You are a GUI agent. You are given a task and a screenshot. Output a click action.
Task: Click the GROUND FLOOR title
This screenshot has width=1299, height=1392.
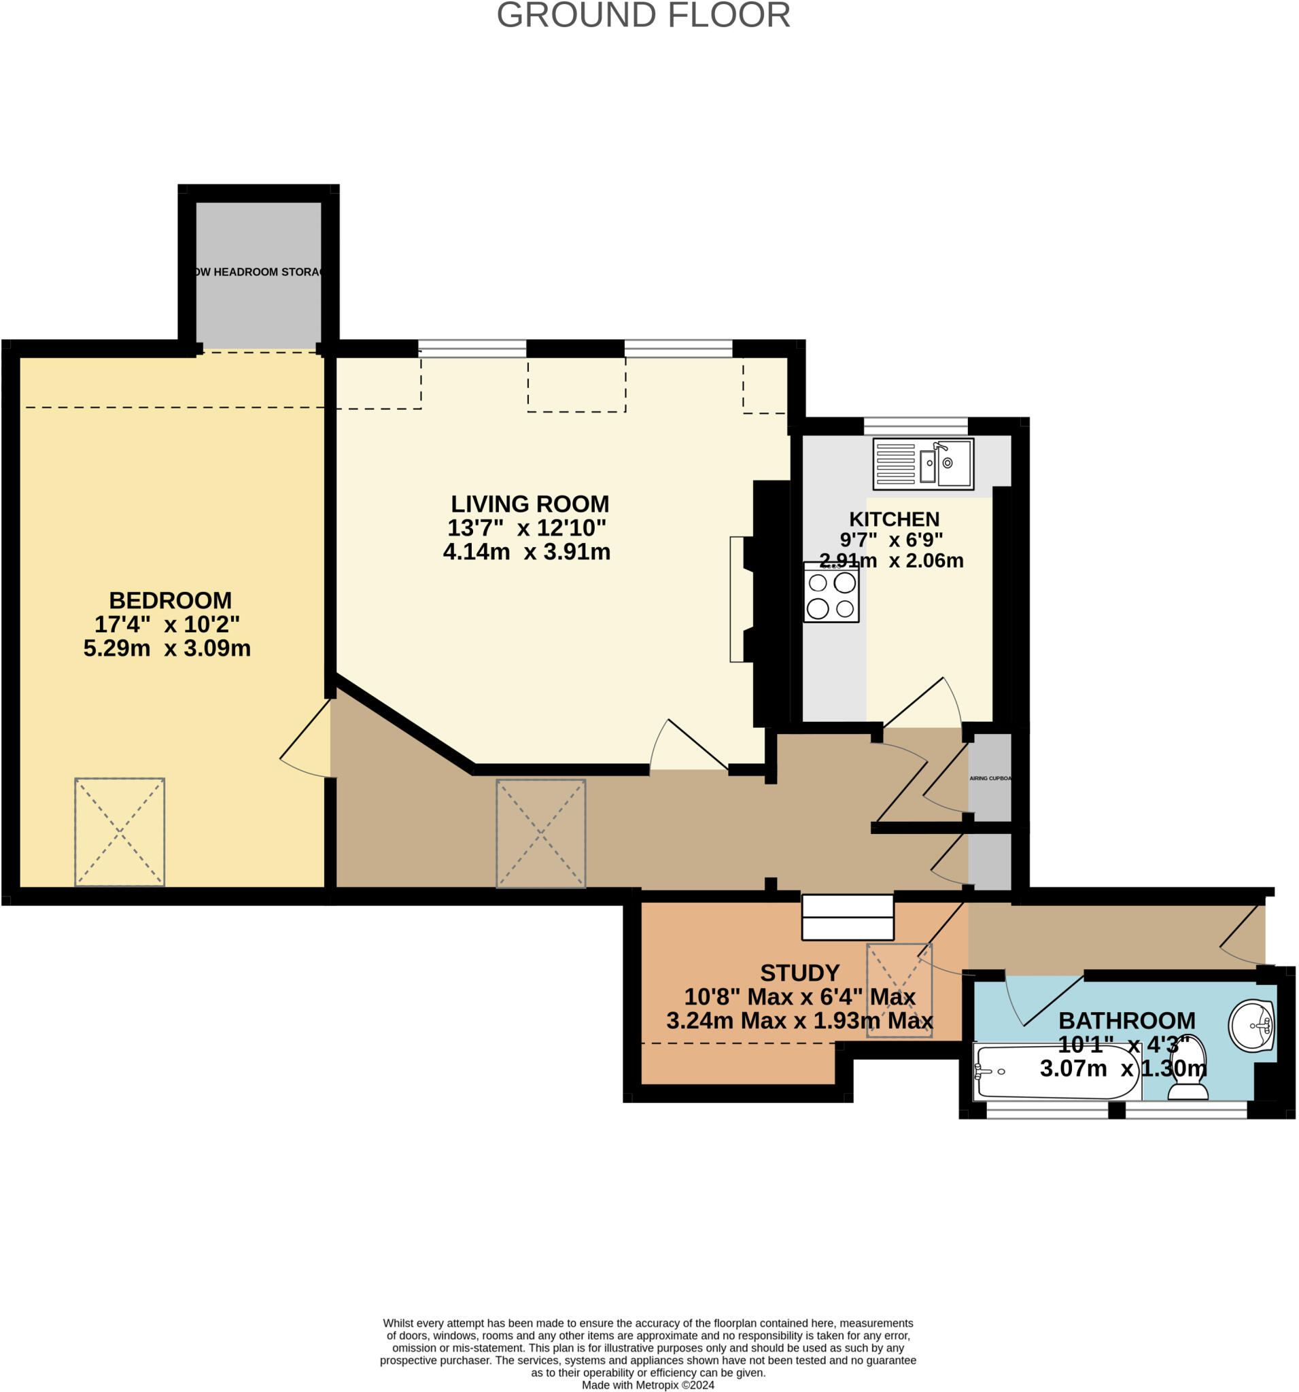643,16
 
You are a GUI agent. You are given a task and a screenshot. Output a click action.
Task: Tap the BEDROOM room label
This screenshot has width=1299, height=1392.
170,600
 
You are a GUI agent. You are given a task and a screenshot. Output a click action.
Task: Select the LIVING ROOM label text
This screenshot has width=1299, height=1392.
530,504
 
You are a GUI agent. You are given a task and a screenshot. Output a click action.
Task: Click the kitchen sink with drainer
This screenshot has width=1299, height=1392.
922,464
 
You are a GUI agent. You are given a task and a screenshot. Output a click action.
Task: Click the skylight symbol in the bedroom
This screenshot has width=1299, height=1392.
120,832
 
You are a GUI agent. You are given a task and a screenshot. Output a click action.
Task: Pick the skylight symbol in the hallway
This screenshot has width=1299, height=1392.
540,833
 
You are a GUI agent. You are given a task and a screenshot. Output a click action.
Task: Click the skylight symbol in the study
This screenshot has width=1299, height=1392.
899,990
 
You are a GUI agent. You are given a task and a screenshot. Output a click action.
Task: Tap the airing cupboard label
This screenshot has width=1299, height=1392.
990,778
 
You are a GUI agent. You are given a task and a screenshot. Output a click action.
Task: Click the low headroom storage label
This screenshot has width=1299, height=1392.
258,272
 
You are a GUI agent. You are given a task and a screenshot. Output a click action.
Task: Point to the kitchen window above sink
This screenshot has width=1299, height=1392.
914,425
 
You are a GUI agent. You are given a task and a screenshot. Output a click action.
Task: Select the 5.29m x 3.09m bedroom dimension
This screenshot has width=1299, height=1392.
167,648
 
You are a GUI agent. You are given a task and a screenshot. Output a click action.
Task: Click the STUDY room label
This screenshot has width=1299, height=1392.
799,973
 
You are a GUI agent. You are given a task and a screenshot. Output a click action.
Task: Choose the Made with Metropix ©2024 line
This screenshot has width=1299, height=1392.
648,1385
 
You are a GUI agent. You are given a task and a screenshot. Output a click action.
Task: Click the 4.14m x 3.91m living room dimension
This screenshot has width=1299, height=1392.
527,552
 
